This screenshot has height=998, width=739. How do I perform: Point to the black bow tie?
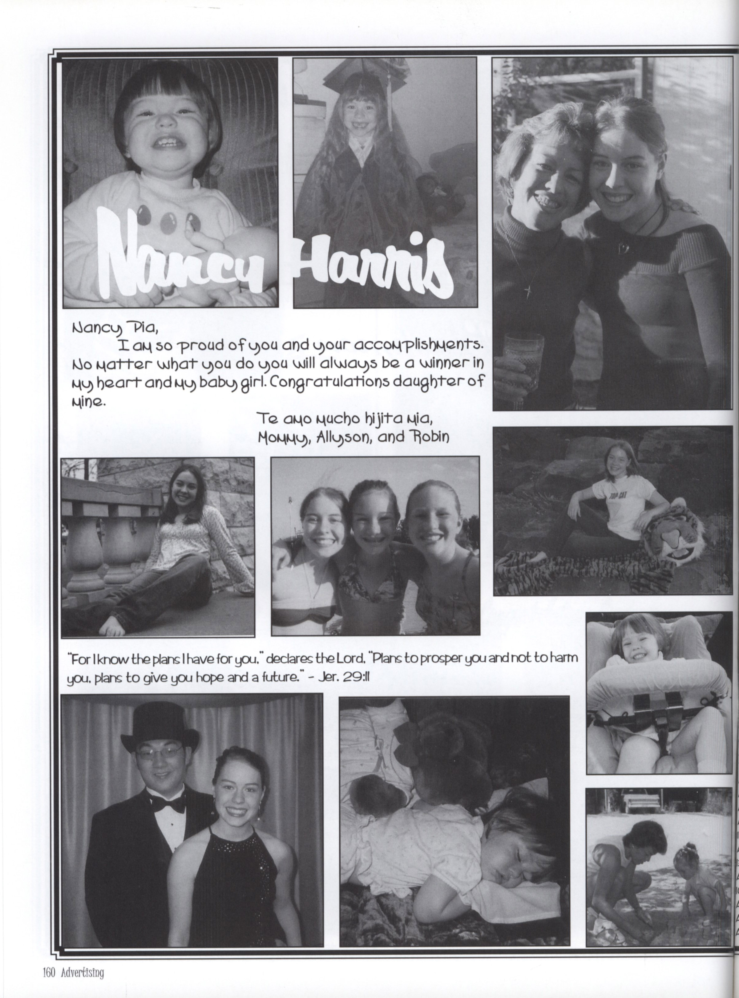(x=171, y=805)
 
